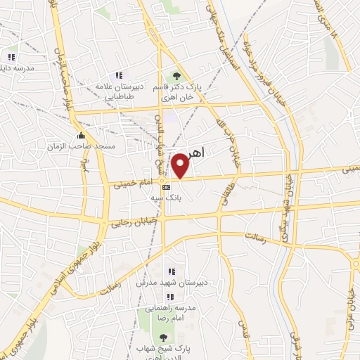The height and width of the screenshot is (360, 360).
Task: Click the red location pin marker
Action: (181, 165)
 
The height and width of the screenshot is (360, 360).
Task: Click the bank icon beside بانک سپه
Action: (165, 188)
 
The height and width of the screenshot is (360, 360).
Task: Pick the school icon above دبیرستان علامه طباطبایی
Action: (119, 75)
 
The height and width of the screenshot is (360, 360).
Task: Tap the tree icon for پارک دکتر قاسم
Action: (176, 77)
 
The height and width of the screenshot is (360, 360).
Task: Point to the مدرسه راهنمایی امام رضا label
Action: (165, 313)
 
